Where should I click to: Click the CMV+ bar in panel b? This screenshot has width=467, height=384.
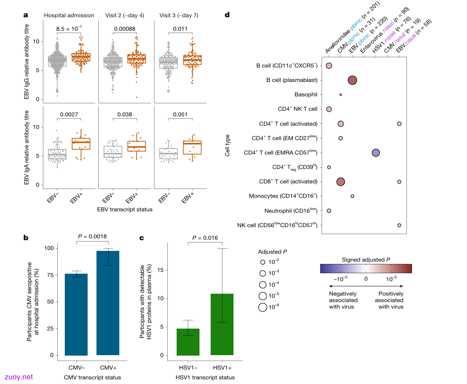tap(108, 303)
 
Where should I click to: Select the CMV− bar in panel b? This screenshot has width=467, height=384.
tap(76, 314)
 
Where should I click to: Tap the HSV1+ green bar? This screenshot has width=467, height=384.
tap(222, 324)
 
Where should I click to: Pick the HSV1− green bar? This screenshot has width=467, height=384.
tap(188, 342)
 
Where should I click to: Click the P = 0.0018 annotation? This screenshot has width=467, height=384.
tap(92, 236)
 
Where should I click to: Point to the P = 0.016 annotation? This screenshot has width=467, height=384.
tap(205, 238)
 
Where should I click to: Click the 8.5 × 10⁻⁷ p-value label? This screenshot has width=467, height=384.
tap(69, 28)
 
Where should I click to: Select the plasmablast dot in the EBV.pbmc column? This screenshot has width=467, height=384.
tap(352, 81)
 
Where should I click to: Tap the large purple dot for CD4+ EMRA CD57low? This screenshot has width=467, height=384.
tap(376, 153)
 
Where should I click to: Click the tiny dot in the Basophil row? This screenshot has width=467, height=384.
tap(341, 95)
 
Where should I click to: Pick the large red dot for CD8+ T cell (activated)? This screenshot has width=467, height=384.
tap(341, 182)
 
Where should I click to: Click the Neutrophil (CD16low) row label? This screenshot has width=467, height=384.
tap(291, 210)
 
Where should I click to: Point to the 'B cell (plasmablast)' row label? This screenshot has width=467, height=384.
tap(292, 80)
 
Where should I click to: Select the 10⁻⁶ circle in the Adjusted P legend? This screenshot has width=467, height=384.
tap(263, 307)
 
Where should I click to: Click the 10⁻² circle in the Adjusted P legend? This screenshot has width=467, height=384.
tap(263, 262)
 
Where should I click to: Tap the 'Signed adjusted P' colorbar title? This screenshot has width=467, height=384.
tap(366, 260)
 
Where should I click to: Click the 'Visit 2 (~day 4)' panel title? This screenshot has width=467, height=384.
tap(125, 15)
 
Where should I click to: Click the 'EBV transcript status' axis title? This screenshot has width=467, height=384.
tap(125, 209)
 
